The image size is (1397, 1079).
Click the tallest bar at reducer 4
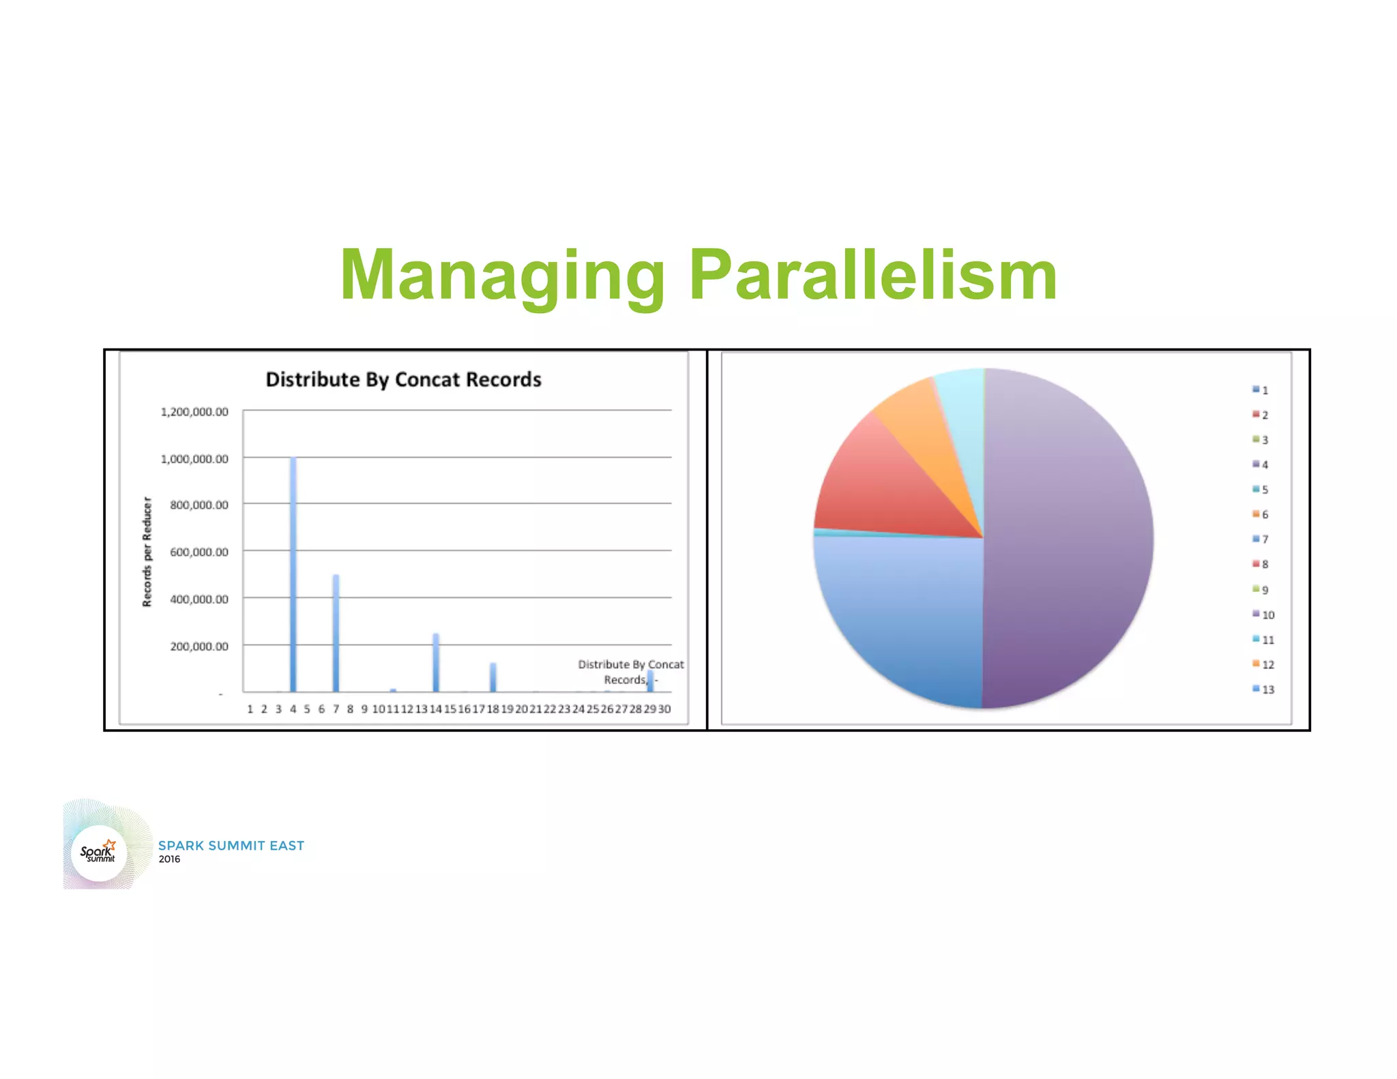pos(293,574)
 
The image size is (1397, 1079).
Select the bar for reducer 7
pos(336,633)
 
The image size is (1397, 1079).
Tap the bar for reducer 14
pos(436,662)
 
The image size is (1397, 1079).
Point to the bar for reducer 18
pos(492,677)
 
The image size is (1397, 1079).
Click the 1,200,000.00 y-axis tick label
pos(194,412)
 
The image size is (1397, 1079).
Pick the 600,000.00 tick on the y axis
pos(199,552)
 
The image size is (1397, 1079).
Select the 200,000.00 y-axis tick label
pos(199,646)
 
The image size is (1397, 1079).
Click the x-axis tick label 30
pos(664,709)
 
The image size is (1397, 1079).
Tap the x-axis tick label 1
pos(250,709)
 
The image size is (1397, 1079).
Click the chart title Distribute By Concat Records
pos(403,379)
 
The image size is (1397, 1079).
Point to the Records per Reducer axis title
pos(147,552)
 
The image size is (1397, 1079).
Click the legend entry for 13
pos(1263,690)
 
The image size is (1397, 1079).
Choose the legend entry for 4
pos(1261,464)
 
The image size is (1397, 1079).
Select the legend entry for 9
pos(1261,589)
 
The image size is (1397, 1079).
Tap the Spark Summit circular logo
pos(100,852)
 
